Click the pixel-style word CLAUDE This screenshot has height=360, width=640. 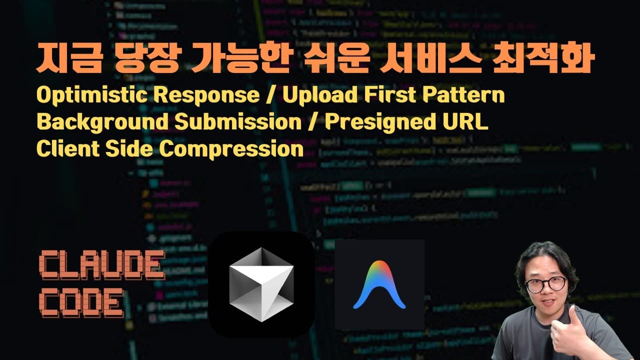[101, 265]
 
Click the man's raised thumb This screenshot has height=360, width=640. [573, 320]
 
